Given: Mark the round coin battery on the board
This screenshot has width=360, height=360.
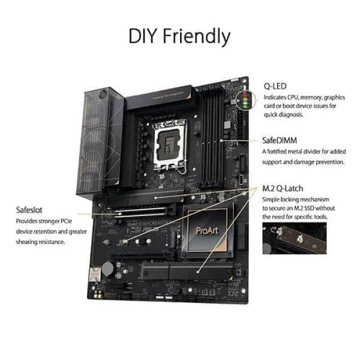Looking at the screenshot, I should [107, 268].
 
